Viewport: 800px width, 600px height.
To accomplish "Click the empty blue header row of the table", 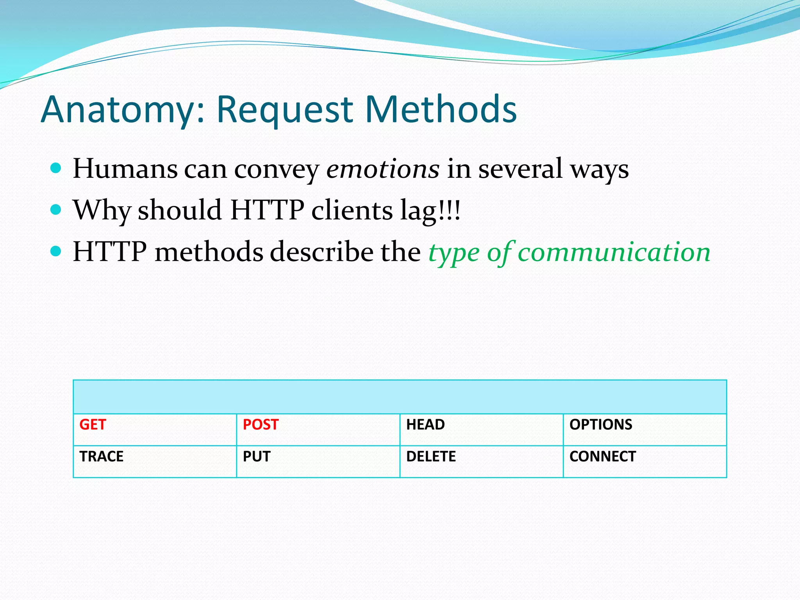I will coord(400,397).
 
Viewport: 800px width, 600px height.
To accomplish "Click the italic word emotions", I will coord(383,169).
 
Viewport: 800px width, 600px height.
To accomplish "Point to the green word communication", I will coord(614,252).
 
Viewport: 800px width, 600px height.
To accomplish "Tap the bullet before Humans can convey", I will coord(56,168).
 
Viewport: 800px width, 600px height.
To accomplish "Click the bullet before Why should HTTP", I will coord(56,210).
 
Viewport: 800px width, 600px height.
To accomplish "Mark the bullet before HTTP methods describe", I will coord(56,251).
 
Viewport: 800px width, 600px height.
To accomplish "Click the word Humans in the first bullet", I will coord(125,169).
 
